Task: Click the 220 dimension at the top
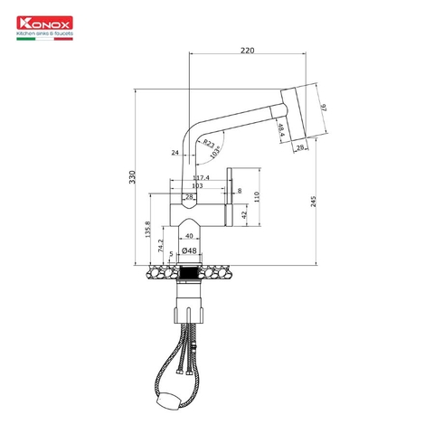pyautogui.click(x=247, y=51)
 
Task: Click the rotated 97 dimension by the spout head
pyautogui.click(x=324, y=108)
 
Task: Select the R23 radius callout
pyautogui.click(x=209, y=143)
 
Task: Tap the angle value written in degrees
pyautogui.click(x=215, y=153)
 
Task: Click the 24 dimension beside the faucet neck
pyautogui.click(x=175, y=153)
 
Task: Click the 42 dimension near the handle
pyautogui.click(x=243, y=214)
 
